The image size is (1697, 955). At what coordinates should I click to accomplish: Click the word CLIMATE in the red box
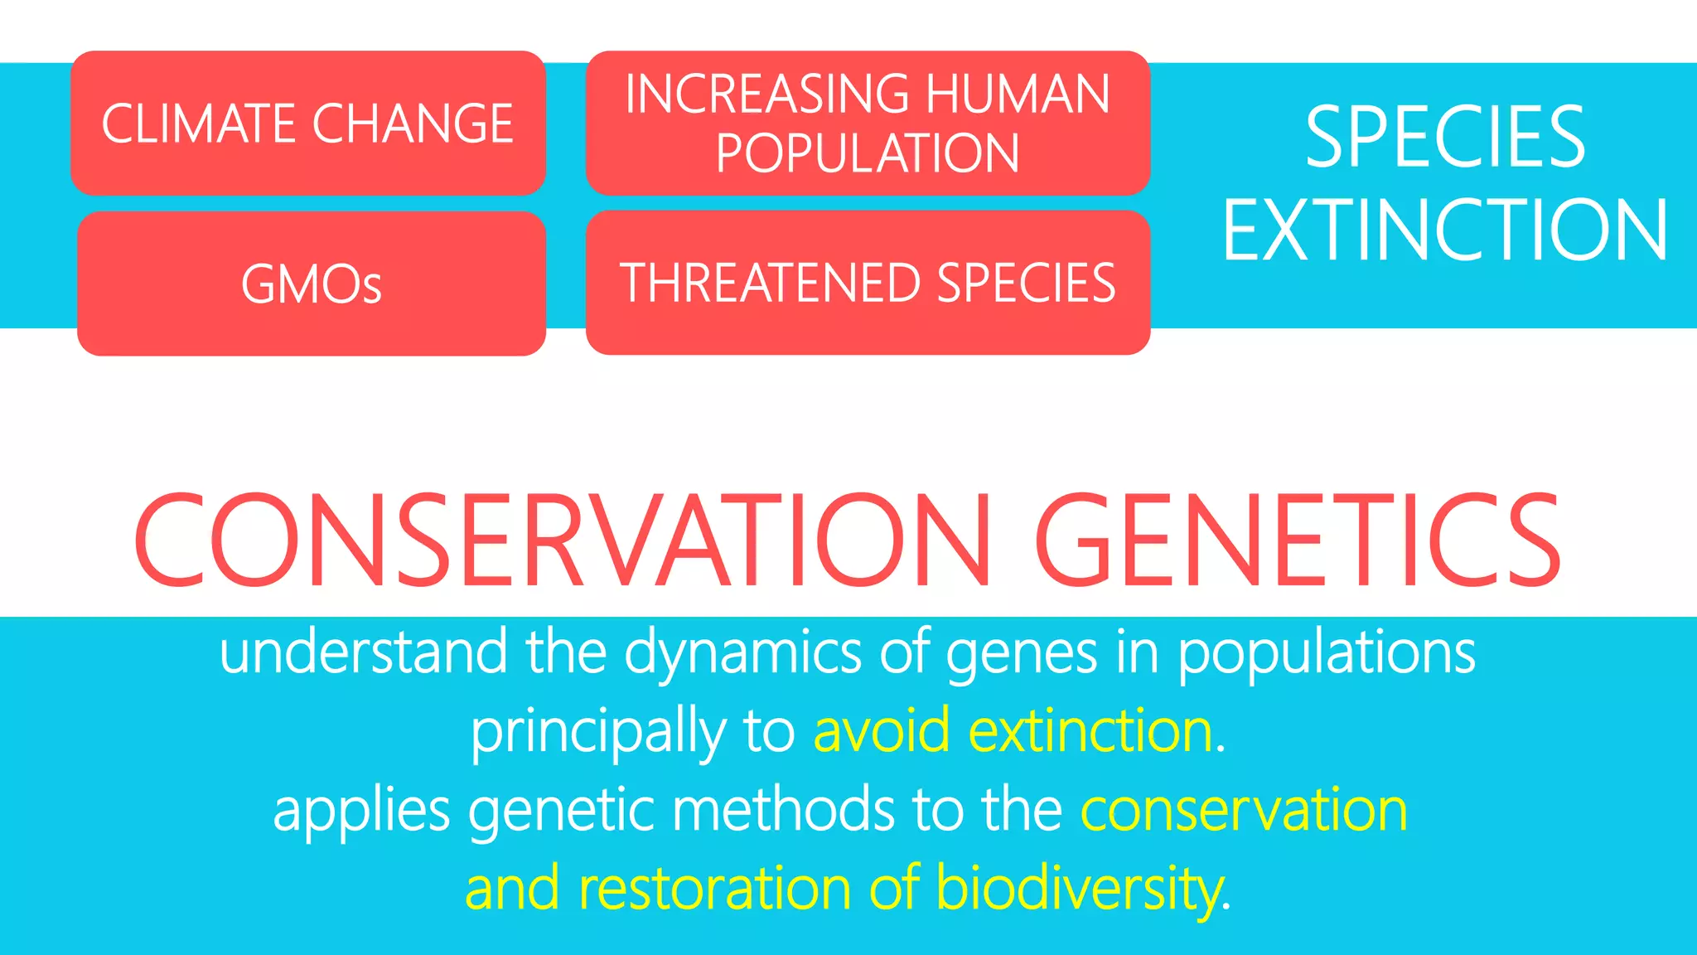[x=199, y=124]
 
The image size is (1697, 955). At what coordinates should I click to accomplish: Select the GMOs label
[x=312, y=285]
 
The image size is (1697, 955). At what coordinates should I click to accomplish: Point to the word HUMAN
[x=1018, y=94]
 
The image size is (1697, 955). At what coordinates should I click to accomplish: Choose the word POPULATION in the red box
[x=868, y=154]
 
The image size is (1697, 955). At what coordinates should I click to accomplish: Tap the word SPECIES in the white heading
[x=1445, y=138]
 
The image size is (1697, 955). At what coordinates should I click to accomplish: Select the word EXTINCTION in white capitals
[x=1445, y=230]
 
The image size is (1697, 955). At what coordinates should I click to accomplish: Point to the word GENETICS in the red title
[x=1298, y=541]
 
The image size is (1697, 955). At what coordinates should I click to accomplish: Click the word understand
[x=363, y=652]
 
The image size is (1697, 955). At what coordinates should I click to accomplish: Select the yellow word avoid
[x=881, y=731]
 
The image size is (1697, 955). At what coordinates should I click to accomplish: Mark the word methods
[x=782, y=810]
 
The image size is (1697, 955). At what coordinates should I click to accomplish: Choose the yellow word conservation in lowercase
[x=1244, y=811]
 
